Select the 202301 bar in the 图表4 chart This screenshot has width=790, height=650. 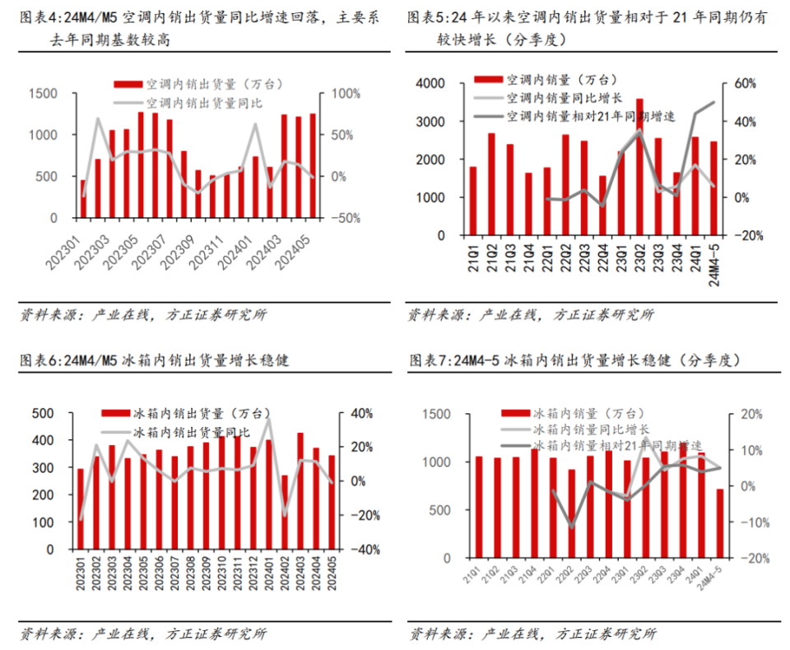click(82, 199)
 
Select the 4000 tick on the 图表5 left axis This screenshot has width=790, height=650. click(430, 84)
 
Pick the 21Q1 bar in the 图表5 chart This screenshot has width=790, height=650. click(473, 201)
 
